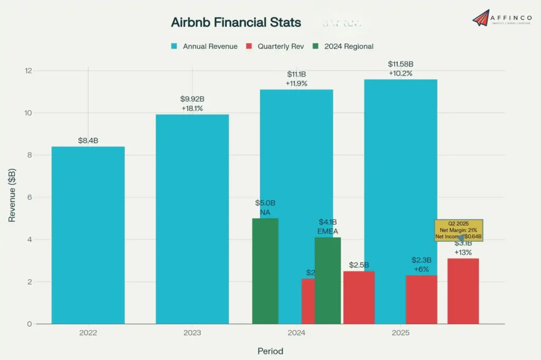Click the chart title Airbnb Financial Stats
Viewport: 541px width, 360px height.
pyautogui.click(x=236, y=23)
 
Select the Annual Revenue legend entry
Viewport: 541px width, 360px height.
pyautogui.click(x=204, y=46)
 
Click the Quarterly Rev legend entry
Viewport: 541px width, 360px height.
pyautogui.click(x=275, y=46)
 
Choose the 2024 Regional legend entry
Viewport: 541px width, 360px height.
pyautogui.click(x=343, y=46)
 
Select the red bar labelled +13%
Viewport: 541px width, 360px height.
pyautogui.click(x=463, y=291)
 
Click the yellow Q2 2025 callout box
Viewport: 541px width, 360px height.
pyautogui.click(x=458, y=230)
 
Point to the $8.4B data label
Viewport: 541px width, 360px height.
pyautogui.click(x=88, y=140)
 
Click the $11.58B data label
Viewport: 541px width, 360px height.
pyautogui.click(x=400, y=64)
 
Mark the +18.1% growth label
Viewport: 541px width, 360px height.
pyautogui.click(x=192, y=108)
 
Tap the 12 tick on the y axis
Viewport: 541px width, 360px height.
pyautogui.click(x=29, y=71)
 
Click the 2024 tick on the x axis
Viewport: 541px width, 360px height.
pyautogui.click(x=296, y=334)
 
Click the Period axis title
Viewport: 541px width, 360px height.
pyautogui.click(x=270, y=351)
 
